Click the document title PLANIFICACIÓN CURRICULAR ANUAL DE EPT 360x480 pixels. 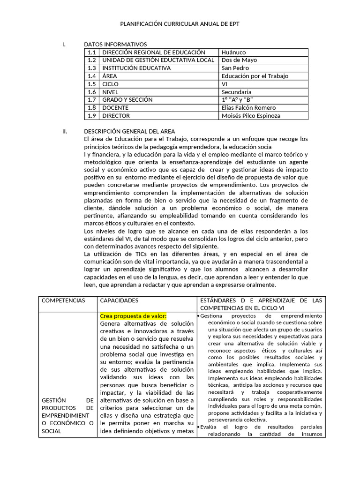click(180, 23)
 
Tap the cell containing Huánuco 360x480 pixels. click(233, 52)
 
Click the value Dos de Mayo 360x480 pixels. click(239, 60)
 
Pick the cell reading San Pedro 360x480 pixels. click(236, 68)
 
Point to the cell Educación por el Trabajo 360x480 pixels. click(255, 76)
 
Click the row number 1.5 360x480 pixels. click(91, 84)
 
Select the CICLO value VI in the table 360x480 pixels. click(225, 84)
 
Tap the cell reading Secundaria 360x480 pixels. click(236, 92)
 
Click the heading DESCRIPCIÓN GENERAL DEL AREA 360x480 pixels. click(129, 132)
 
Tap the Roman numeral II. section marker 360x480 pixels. click(65, 132)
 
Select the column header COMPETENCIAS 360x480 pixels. click(63, 300)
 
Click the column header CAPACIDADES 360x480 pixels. click(120, 300)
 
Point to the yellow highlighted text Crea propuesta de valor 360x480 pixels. click(133, 316)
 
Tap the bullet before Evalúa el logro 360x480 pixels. click(198, 427)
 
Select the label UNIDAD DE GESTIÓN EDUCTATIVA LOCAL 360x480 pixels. click(158, 60)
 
